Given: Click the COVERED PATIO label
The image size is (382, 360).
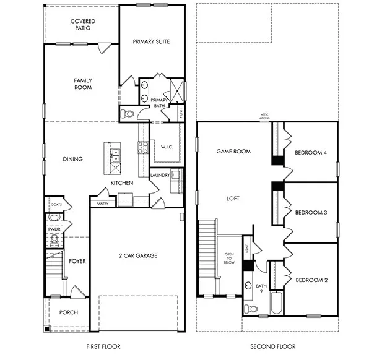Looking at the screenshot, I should tap(82, 24).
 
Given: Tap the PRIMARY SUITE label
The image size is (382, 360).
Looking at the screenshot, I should tap(151, 41).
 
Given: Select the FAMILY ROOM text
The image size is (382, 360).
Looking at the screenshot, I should tap(82, 84).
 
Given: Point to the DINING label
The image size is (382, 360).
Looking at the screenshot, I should tap(73, 159).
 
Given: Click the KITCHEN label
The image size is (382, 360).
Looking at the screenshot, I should tap(122, 183).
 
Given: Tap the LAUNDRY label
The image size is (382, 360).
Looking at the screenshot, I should tap(160, 175).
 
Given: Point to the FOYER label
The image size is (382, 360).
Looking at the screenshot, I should tap(77, 261).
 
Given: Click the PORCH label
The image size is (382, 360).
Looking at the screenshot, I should tap(68, 312).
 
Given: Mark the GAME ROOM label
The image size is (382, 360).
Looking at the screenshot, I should tap(233, 151).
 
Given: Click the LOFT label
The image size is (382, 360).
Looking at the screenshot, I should tap(233, 199).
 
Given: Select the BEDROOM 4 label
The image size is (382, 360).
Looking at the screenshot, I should tap(311, 153).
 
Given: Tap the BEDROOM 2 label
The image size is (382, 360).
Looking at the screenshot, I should tap(311, 280).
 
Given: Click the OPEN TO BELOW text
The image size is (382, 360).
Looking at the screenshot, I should tap(229, 259).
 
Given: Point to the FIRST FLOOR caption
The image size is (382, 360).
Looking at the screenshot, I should tap(103, 346).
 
